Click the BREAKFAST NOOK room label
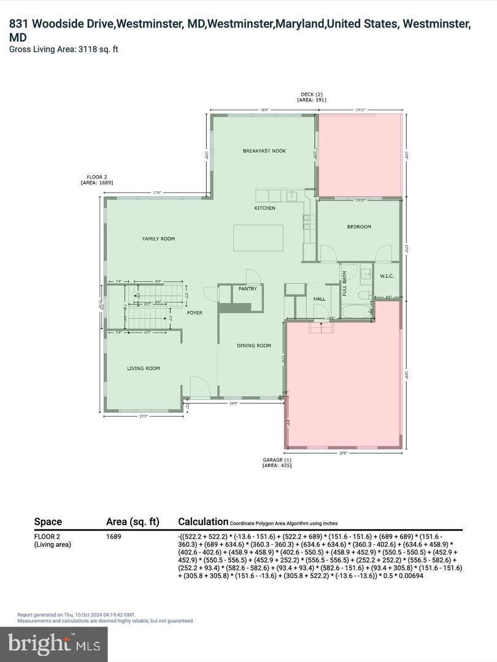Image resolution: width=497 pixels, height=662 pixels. click(264, 151)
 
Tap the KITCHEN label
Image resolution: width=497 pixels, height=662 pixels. click(265, 208)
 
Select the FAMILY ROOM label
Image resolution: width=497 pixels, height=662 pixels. click(159, 238)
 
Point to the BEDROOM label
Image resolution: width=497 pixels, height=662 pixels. click(359, 227)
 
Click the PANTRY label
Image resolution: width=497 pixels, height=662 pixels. click(247, 288)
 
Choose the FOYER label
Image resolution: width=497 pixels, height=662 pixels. click(195, 313)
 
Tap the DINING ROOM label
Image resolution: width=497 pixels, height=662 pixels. click(254, 346)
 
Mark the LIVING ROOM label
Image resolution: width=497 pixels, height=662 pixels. click(144, 368)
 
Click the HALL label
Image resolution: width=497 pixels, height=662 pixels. click(320, 299)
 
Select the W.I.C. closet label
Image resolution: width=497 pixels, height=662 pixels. click(387, 275)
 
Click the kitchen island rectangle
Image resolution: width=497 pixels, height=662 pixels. click(258, 237)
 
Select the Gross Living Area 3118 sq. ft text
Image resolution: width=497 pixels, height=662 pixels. click(64, 49)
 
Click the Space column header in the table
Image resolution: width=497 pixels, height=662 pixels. click(48, 522)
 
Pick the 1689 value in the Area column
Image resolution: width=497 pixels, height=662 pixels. click(114, 536)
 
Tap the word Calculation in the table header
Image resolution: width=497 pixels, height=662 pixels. click(203, 522)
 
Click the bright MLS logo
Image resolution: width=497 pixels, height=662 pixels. click(54, 644)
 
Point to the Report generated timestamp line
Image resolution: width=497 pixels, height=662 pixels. click(76, 614)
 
